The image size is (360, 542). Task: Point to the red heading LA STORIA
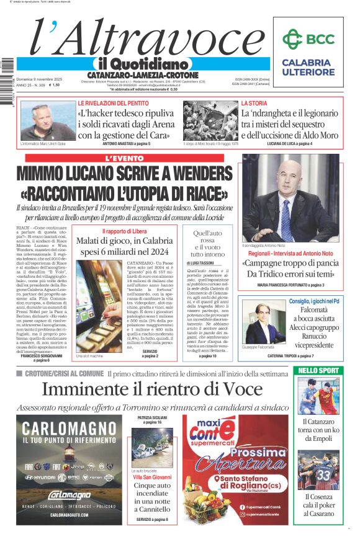pos(254,103)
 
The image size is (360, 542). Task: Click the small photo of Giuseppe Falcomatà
pos(261,323)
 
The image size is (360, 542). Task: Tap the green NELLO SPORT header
pos(318,370)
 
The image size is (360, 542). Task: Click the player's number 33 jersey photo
pos(318,469)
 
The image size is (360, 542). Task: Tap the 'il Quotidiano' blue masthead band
pos(142,64)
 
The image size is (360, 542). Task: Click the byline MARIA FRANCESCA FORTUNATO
pos(290,285)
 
